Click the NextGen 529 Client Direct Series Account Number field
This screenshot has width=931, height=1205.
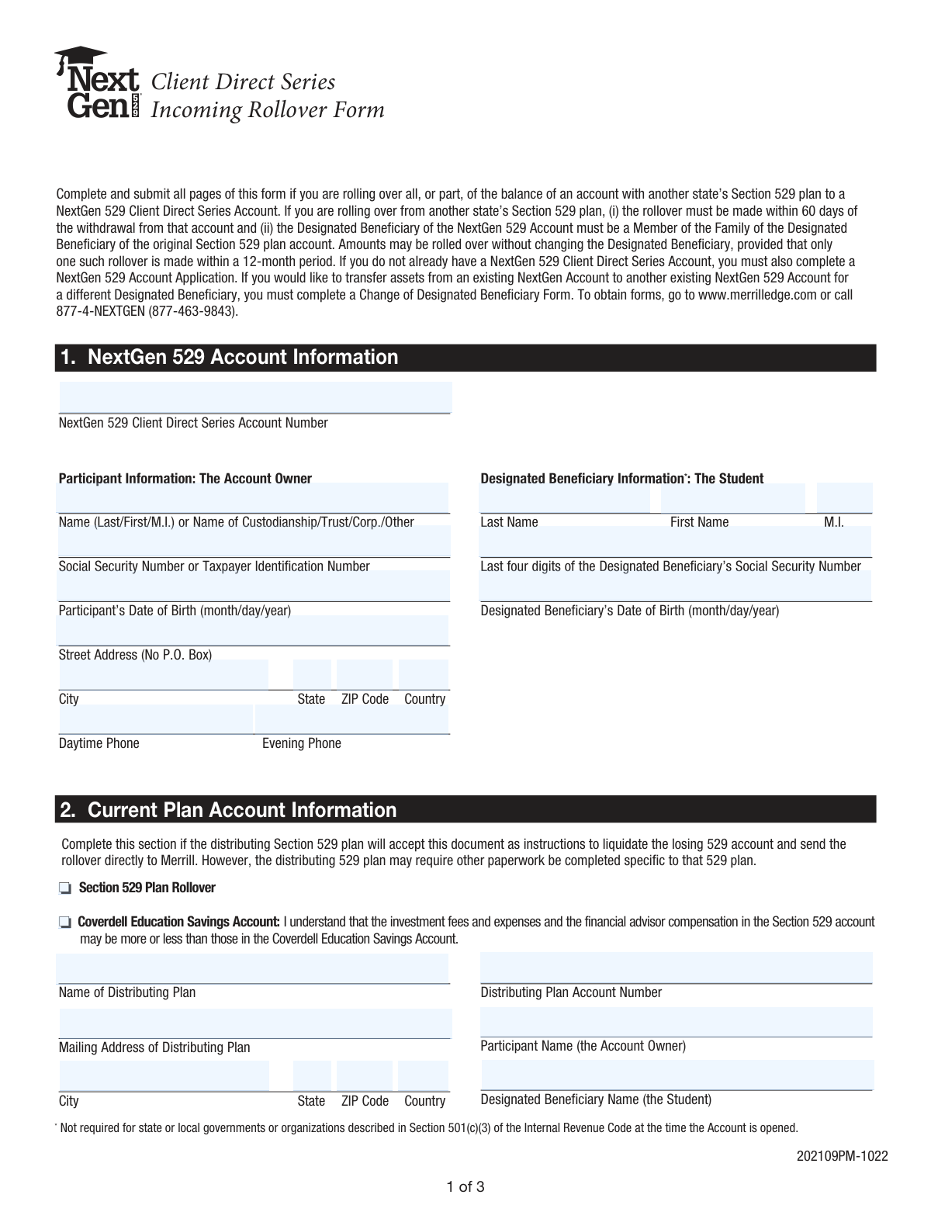pos(254,397)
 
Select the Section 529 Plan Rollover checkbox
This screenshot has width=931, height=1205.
pos(64,888)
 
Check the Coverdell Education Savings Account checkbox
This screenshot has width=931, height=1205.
pos(64,923)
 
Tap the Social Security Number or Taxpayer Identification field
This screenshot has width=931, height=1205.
pos(254,542)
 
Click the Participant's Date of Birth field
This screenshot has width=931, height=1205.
pos(254,586)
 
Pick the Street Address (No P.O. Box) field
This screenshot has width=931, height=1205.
pos(254,630)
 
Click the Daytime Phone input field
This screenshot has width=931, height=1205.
pos(155,719)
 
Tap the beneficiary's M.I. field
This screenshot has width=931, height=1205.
pos(844,497)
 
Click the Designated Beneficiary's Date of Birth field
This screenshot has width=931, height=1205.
pos(675,586)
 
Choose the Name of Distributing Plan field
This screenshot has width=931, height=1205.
pos(254,968)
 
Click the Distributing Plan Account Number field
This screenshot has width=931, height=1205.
pos(675,968)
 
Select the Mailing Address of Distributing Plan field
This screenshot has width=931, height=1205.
pos(254,1023)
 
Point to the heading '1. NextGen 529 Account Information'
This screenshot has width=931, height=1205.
pos(230,358)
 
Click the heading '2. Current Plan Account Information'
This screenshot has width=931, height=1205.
pos(229,810)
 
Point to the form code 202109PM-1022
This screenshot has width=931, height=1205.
pos(842,1155)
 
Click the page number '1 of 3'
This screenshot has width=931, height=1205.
pos(465,1186)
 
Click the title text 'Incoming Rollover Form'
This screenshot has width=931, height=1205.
pos(268,110)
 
